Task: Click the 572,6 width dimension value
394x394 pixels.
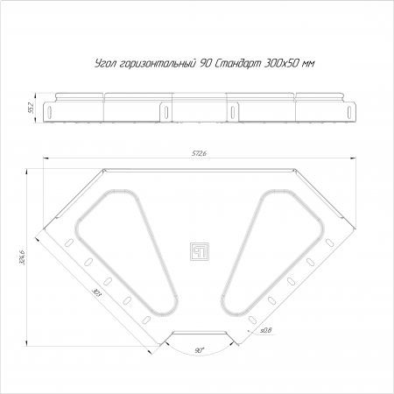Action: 199,153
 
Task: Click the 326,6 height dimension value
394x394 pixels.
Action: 22,257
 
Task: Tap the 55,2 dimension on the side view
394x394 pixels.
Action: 32,108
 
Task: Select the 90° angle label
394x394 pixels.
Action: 200,350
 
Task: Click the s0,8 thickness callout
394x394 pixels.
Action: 265,330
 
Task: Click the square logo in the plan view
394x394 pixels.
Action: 200,251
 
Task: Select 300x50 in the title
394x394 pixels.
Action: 281,63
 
